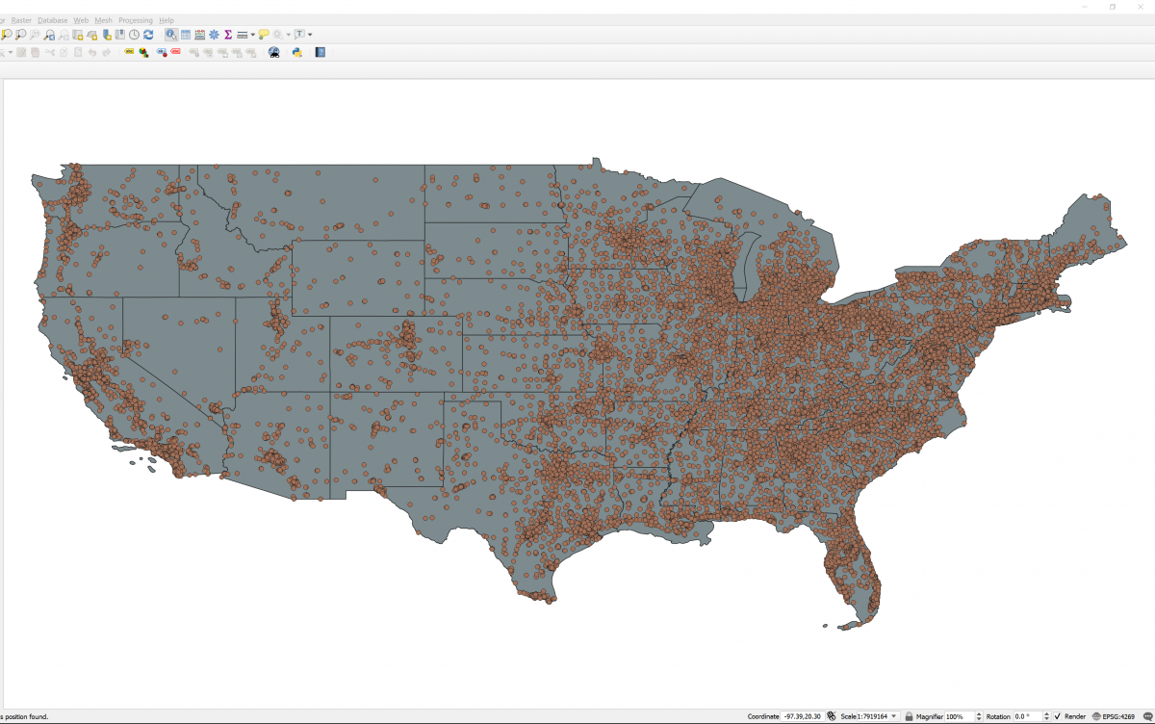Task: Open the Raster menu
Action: (x=21, y=20)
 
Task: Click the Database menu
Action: (x=53, y=20)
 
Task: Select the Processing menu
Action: (x=136, y=20)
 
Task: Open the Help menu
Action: (x=167, y=20)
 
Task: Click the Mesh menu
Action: (x=104, y=20)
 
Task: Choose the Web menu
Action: (x=82, y=20)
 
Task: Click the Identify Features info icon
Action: (x=170, y=35)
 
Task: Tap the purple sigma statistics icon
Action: (x=228, y=35)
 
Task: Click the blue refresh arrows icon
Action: (x=148, y=35)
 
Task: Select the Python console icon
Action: (x=297, y=52)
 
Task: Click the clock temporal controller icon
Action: (x=135, y=35)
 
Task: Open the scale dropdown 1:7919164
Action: (x=894, y=716)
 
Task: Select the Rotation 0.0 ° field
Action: (x=1030, y=716)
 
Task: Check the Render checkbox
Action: (x=1058, y=716)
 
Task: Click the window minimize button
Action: (x=1087, y=7)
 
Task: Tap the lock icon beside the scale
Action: (x=909, y=716)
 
